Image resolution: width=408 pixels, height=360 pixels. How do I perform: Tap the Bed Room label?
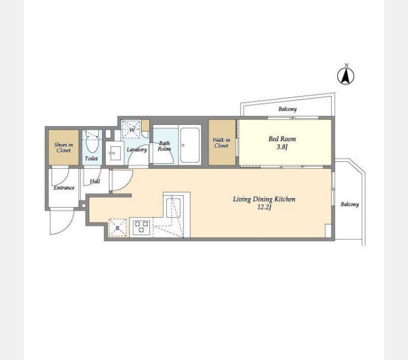[x=282, y=139]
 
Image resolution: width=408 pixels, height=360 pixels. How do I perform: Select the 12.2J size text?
[x=265, y=207]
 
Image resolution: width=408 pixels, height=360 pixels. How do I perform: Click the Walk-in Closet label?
[x=221, y=143]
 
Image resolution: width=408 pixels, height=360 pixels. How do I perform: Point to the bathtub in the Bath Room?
[x=190, y=145]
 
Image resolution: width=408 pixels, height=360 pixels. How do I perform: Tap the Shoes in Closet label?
[x=64, y=148]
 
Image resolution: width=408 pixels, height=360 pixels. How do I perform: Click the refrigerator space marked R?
[x=118, y=228]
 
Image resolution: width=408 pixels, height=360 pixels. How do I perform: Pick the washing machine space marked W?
[x=131, y=129]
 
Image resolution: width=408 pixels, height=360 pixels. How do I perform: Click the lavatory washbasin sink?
[x=115, y=153]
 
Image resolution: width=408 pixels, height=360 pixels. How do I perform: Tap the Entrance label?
[x=64, y=188]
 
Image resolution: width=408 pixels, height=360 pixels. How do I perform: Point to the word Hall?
[x=95, y=181]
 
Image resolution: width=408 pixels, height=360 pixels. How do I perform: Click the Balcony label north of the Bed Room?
[x=287, y=109]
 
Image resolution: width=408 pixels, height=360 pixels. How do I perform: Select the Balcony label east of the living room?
[x=350, y=204]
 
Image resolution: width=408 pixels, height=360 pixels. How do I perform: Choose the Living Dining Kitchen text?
[x=264, y=199]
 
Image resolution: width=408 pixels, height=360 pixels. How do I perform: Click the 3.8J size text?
[x=282, y=147]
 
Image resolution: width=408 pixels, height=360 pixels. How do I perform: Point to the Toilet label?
[x=91, y=158]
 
